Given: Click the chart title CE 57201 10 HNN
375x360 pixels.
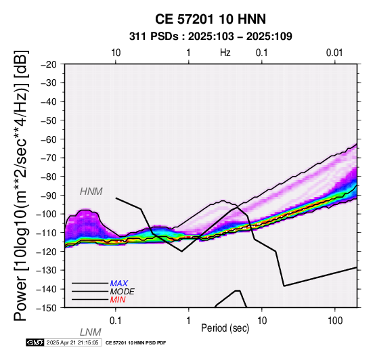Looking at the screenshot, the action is click(x=211, y=19).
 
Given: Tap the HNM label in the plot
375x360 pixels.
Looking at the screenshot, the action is click(x=91, y=192).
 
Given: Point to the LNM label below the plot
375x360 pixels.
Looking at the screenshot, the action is click(x=91, y=332).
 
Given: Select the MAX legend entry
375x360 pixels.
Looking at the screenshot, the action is click(x=119, y=284).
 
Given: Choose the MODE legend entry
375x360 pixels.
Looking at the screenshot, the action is click(x=123, y=292).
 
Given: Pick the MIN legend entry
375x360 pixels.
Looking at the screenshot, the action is click(x=118, y=300).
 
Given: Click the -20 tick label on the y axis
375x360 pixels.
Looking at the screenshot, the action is click(x=49, y=64).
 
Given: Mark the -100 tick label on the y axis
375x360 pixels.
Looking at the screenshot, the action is click(x=47, y=214).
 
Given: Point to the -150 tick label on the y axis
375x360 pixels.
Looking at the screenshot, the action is click(x=47, y=307).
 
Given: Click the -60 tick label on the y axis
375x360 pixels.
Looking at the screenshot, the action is click(x=49, y=139).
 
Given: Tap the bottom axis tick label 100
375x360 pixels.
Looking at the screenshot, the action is click(x=335, y=321).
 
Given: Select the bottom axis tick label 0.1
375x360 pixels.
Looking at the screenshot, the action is click(x=116, y=321).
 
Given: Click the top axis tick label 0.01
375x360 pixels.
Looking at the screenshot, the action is click(x=334, y=53).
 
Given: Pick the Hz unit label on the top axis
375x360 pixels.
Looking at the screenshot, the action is click(x=225, y=53).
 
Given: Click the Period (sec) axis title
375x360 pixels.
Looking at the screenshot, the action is click(x=225, y=328).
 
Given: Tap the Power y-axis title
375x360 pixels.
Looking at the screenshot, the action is click(x=20, y=185).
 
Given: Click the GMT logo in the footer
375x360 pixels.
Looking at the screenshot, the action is click(x=35, y=342).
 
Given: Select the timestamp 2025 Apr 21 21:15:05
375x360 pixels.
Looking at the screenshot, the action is click(x=72, y=342).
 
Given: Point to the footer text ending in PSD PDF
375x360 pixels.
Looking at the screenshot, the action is click(x=135, y=343).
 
